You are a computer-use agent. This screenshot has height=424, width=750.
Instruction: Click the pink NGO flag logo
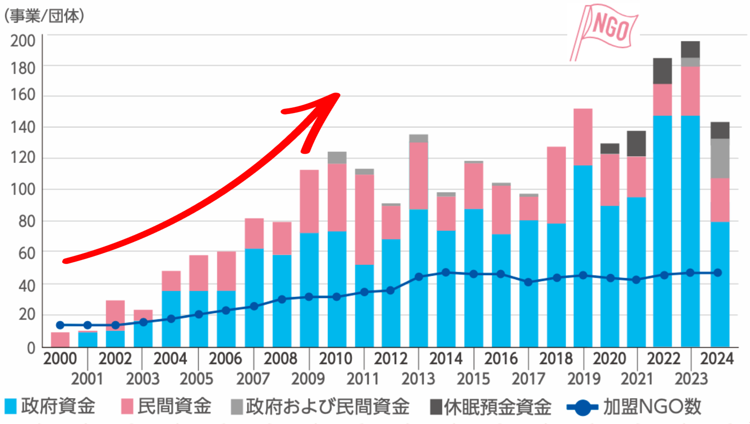coord(604,31)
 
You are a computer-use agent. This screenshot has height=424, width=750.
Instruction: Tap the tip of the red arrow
coord(338,95)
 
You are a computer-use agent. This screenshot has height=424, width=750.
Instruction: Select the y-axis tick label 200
coord(23,41)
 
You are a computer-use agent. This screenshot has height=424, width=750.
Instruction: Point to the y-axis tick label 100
coord(23,189)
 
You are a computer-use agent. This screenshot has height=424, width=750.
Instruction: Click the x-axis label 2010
coord(335,358)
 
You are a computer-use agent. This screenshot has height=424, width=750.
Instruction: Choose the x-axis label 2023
coord(691,378)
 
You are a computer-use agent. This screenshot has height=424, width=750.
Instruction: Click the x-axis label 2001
coord(87,378)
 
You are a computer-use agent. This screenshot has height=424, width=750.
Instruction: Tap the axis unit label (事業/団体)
coord(44,16)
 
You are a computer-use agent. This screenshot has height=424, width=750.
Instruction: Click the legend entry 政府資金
coord(50,406)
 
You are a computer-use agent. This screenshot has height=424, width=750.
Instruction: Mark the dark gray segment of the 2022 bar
coord(662,71)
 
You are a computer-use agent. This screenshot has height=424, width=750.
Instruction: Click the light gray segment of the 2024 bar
coord(720,159)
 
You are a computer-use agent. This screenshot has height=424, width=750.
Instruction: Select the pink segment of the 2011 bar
coord(364,219)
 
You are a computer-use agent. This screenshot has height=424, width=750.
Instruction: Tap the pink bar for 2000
coord(60,340)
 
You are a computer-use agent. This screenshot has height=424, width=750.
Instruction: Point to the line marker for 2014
coord(446,273)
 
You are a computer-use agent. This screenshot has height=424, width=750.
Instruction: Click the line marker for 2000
coord(60,325)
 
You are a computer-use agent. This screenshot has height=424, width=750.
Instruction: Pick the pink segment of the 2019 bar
coord(583,137)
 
